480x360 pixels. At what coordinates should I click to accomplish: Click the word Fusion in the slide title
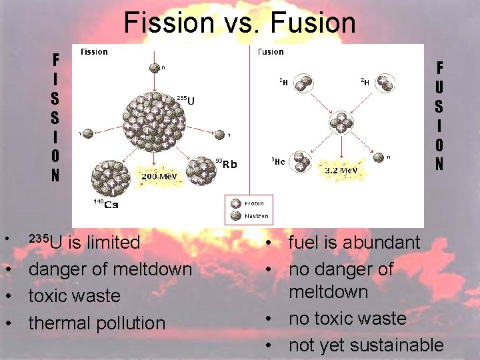312,23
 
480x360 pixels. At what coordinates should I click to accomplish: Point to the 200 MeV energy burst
158,176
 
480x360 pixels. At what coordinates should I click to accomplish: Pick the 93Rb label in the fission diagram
226,163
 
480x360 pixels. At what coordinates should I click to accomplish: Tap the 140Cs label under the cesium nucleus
105,203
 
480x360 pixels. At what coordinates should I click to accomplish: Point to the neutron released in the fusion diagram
379,158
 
